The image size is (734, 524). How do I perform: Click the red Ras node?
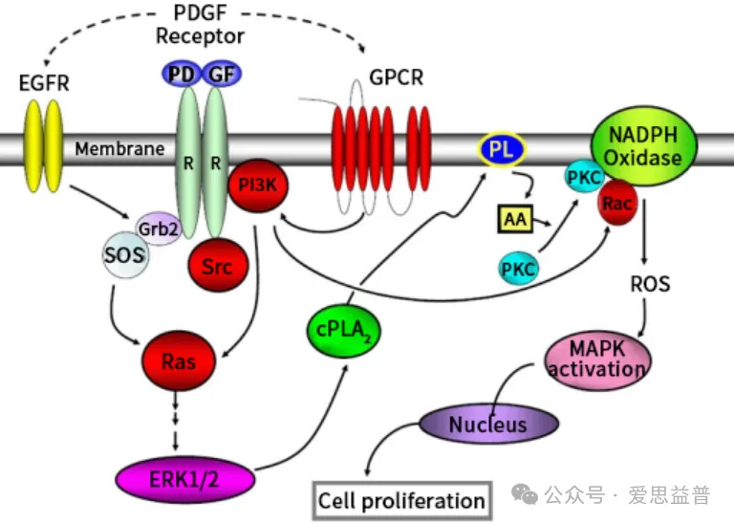coord(179,360)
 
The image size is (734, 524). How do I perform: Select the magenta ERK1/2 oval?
coord(184,479)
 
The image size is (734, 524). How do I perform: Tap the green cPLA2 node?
coord(344,330)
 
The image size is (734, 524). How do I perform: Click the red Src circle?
coord(218,266)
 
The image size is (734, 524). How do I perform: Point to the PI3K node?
coord(258,186)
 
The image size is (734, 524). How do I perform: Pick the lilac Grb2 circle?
coord(159,229)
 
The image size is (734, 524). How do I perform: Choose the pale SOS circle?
coord(125,255)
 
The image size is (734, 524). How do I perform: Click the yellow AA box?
coord(515,219)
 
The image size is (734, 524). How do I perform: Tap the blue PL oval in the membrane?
coord(502,150)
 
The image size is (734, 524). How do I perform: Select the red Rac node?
coord(617,203)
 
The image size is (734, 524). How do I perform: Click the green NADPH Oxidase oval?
coord(643,146)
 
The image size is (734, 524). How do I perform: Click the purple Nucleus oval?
coord(488,424)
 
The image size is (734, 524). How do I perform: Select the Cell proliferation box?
coord(402,501)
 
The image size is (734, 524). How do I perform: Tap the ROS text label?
coord(650,284)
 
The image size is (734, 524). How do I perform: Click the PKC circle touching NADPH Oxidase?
coord(584,177)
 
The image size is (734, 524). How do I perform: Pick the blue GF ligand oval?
coord(222,74)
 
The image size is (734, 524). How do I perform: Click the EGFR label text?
coord(44,83)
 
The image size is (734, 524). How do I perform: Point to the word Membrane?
coord(119,149)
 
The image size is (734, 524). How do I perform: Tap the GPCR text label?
coord(396,77)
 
